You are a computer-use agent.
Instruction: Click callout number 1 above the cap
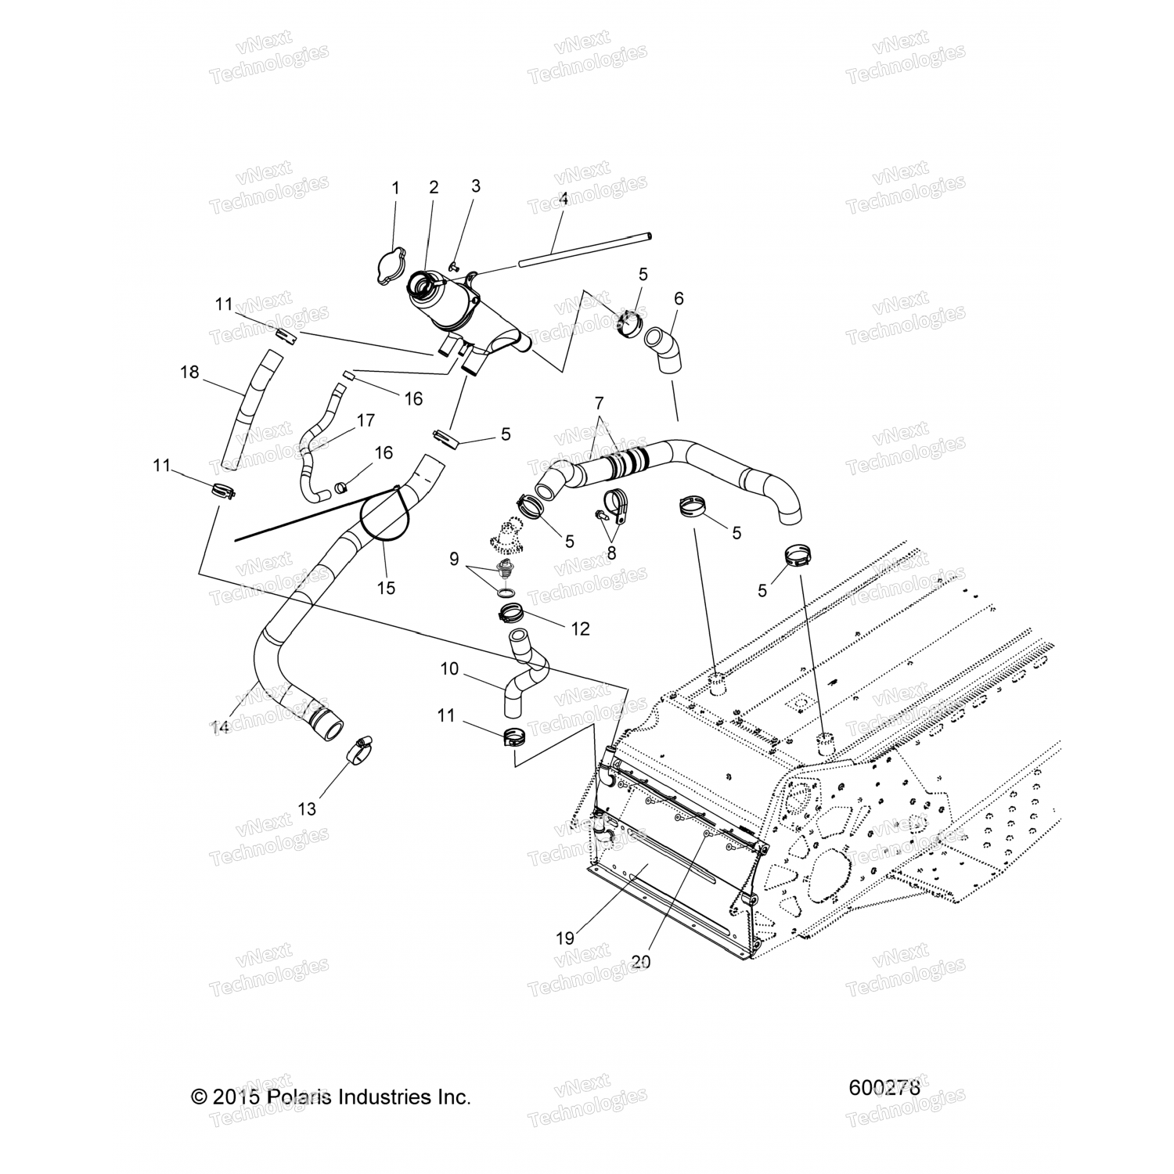pos(395,188)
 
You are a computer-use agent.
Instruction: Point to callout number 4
pos(563,200)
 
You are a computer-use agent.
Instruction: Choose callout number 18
pos(189,372)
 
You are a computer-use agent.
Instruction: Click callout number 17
pos(366,420)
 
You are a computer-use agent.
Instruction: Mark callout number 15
pos(386,587)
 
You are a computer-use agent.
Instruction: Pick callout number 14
pos(220,727)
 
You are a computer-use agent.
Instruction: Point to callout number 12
pos(580,628)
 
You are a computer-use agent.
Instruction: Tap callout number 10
pos(449,668)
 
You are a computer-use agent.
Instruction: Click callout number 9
pos(454,559)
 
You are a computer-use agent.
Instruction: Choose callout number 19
pos(565,937)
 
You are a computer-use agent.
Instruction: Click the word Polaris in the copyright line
pos(298,1097)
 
